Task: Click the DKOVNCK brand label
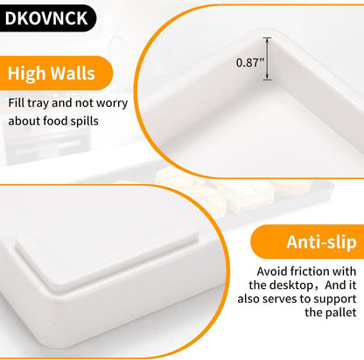click(46, 18)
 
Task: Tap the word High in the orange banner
click(27, 74)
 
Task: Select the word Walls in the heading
click(73, 73)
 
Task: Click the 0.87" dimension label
click(250, 62)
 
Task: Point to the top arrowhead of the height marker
click(267, 39)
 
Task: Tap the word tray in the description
click(39, 103)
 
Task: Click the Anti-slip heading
click(321, 242)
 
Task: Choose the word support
click(337, 300)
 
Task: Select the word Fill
click(16, 103)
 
